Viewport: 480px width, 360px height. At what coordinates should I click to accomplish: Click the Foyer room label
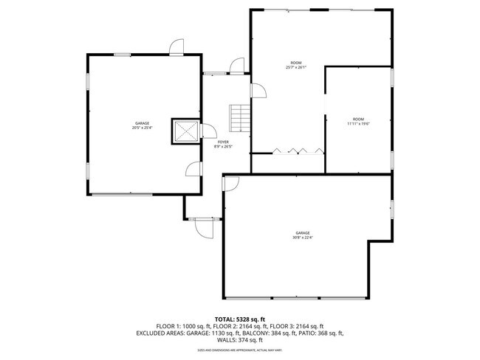(222, 142)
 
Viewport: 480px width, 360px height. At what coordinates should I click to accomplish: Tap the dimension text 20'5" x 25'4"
(142, 128)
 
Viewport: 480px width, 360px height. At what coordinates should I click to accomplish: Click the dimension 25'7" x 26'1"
(295, 68)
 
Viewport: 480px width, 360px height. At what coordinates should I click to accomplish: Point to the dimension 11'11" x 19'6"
(357, 124)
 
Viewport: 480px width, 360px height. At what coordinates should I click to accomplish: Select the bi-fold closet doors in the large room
(297, 150)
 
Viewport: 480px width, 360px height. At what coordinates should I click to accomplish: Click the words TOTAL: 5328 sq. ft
(239, 318)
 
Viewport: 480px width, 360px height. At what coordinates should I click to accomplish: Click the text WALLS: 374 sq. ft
(239, 340)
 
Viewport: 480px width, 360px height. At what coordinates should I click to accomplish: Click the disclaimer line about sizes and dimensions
(239, 350)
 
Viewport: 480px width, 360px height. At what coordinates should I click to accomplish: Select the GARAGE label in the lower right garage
(304, 232)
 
